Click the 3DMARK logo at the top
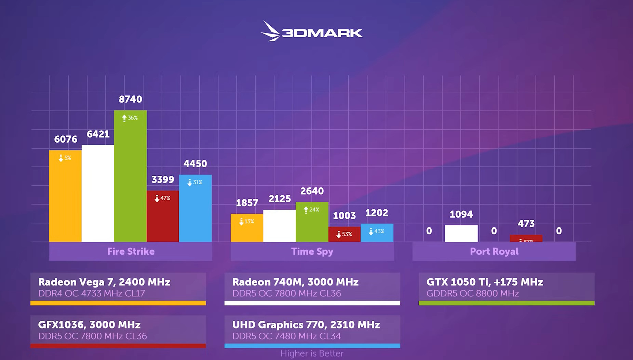(312, 32)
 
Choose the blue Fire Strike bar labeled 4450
(195, 209)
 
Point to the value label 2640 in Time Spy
(312, 191)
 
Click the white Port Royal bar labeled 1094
(461, 234)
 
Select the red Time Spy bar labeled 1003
(344, 234)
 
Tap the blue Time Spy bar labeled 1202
(377, 233)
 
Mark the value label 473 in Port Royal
(526, 224)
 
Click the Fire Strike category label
(131, 252)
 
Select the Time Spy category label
(312, 252)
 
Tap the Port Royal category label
(494, 252)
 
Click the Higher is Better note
(312, 354)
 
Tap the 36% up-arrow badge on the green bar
(130, 118)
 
